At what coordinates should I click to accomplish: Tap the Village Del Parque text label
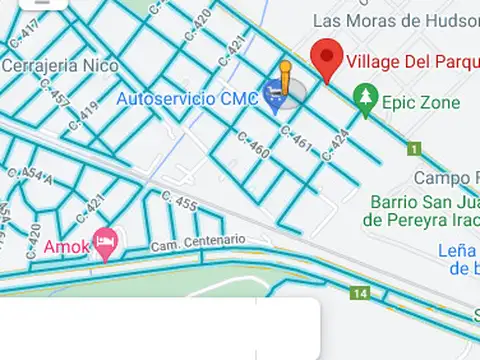click(x=412, y=62)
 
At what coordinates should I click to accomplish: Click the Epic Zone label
click(x=422, y=103)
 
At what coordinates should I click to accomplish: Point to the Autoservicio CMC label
click(x=188, y=99)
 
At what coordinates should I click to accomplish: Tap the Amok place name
click(x=66, y=246)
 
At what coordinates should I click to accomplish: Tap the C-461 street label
click(x=298, y=141)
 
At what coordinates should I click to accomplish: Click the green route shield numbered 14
click(x=359, y=294)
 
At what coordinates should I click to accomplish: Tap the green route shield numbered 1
click(x=413, y=149)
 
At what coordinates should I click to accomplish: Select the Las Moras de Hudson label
click(x=395, y=20)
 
